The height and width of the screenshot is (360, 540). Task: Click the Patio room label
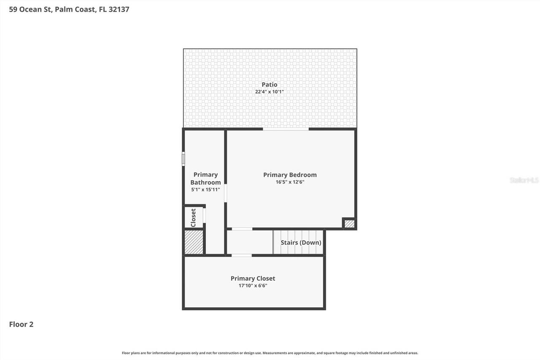269,84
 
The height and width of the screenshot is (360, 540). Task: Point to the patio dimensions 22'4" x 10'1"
269,92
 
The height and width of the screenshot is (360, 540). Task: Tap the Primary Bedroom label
290,175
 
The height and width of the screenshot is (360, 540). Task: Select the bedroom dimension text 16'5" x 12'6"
290,182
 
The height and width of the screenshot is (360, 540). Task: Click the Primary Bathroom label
205,179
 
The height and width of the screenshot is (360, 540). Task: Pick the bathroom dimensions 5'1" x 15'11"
205,190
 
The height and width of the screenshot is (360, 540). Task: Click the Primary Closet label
253,278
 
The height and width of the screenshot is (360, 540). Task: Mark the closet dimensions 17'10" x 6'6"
253,286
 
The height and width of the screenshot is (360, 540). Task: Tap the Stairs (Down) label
301,243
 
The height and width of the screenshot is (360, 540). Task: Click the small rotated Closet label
193,217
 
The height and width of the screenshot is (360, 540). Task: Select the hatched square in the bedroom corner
349,224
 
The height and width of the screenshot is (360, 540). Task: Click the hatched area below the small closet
194,242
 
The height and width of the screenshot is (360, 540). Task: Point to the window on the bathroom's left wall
183,159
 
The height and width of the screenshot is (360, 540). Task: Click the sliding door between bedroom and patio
286,129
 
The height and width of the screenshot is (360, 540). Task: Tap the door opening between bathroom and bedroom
226,193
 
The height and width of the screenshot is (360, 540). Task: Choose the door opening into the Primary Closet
242,255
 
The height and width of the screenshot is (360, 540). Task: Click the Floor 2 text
21,324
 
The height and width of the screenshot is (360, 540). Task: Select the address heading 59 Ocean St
69,9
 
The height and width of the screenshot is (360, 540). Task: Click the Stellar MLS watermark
524,180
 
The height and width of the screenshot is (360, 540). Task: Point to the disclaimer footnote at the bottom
270,353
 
